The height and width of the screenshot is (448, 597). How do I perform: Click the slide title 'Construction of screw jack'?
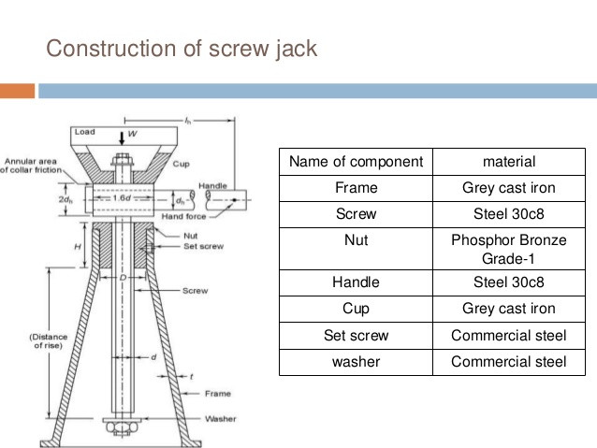pos(182,48)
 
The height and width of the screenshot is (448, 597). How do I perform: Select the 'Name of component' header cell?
pos(356,162)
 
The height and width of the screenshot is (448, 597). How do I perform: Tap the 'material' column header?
pos(508,162)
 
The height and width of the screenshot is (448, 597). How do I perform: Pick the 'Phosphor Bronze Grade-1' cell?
pos(508,249)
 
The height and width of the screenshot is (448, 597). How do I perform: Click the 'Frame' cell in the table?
pos(356,188)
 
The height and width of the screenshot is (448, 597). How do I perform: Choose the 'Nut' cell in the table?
pos(356,240)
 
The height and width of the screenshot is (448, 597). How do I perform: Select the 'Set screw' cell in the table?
pos(356,335)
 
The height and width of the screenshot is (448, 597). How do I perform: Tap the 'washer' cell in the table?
pos(356,362)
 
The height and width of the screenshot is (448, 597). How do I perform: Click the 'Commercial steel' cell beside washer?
pos(508,362)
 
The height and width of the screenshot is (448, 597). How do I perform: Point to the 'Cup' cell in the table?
pos(356,309)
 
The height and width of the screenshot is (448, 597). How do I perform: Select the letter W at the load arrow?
pos(132,134)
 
